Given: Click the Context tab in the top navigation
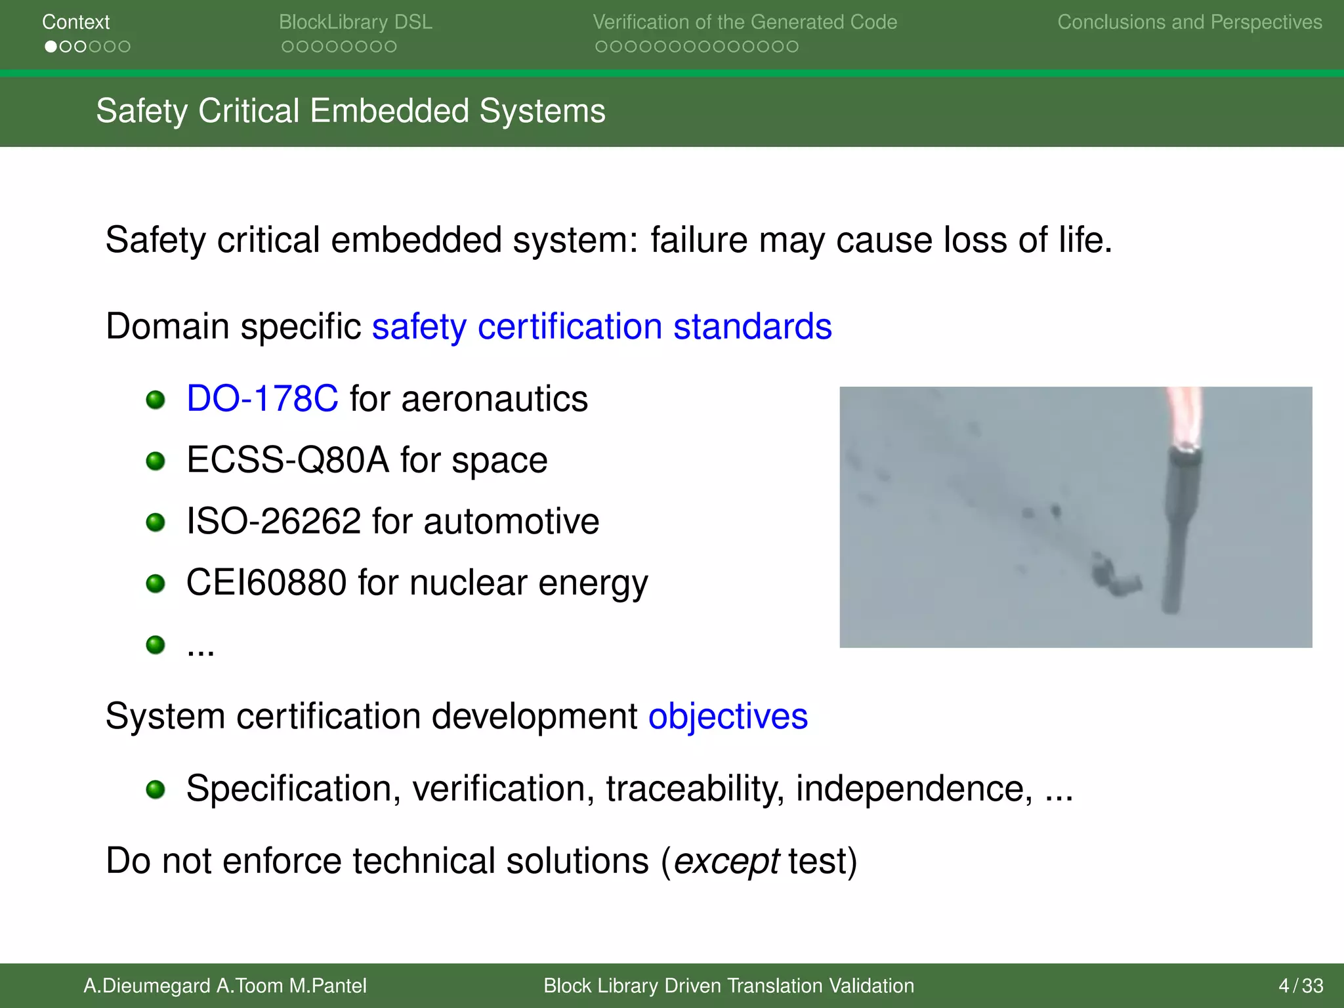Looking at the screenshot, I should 75,22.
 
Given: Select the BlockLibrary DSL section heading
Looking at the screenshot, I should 355,22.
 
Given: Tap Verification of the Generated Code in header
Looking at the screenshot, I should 744,22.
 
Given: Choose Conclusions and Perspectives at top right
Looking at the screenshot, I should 1189,22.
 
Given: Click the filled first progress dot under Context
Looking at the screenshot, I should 51,47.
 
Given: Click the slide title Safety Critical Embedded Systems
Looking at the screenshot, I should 350,111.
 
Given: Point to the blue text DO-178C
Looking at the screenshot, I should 262,399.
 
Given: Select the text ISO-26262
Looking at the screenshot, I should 273,522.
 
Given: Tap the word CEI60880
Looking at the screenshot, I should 266,583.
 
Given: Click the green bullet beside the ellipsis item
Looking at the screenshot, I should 156,644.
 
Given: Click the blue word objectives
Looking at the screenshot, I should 728,716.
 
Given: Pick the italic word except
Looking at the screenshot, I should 726,862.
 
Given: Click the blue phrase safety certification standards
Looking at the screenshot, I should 601,327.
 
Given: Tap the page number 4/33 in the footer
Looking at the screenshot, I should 1300,986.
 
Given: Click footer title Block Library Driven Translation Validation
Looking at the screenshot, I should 728,986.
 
